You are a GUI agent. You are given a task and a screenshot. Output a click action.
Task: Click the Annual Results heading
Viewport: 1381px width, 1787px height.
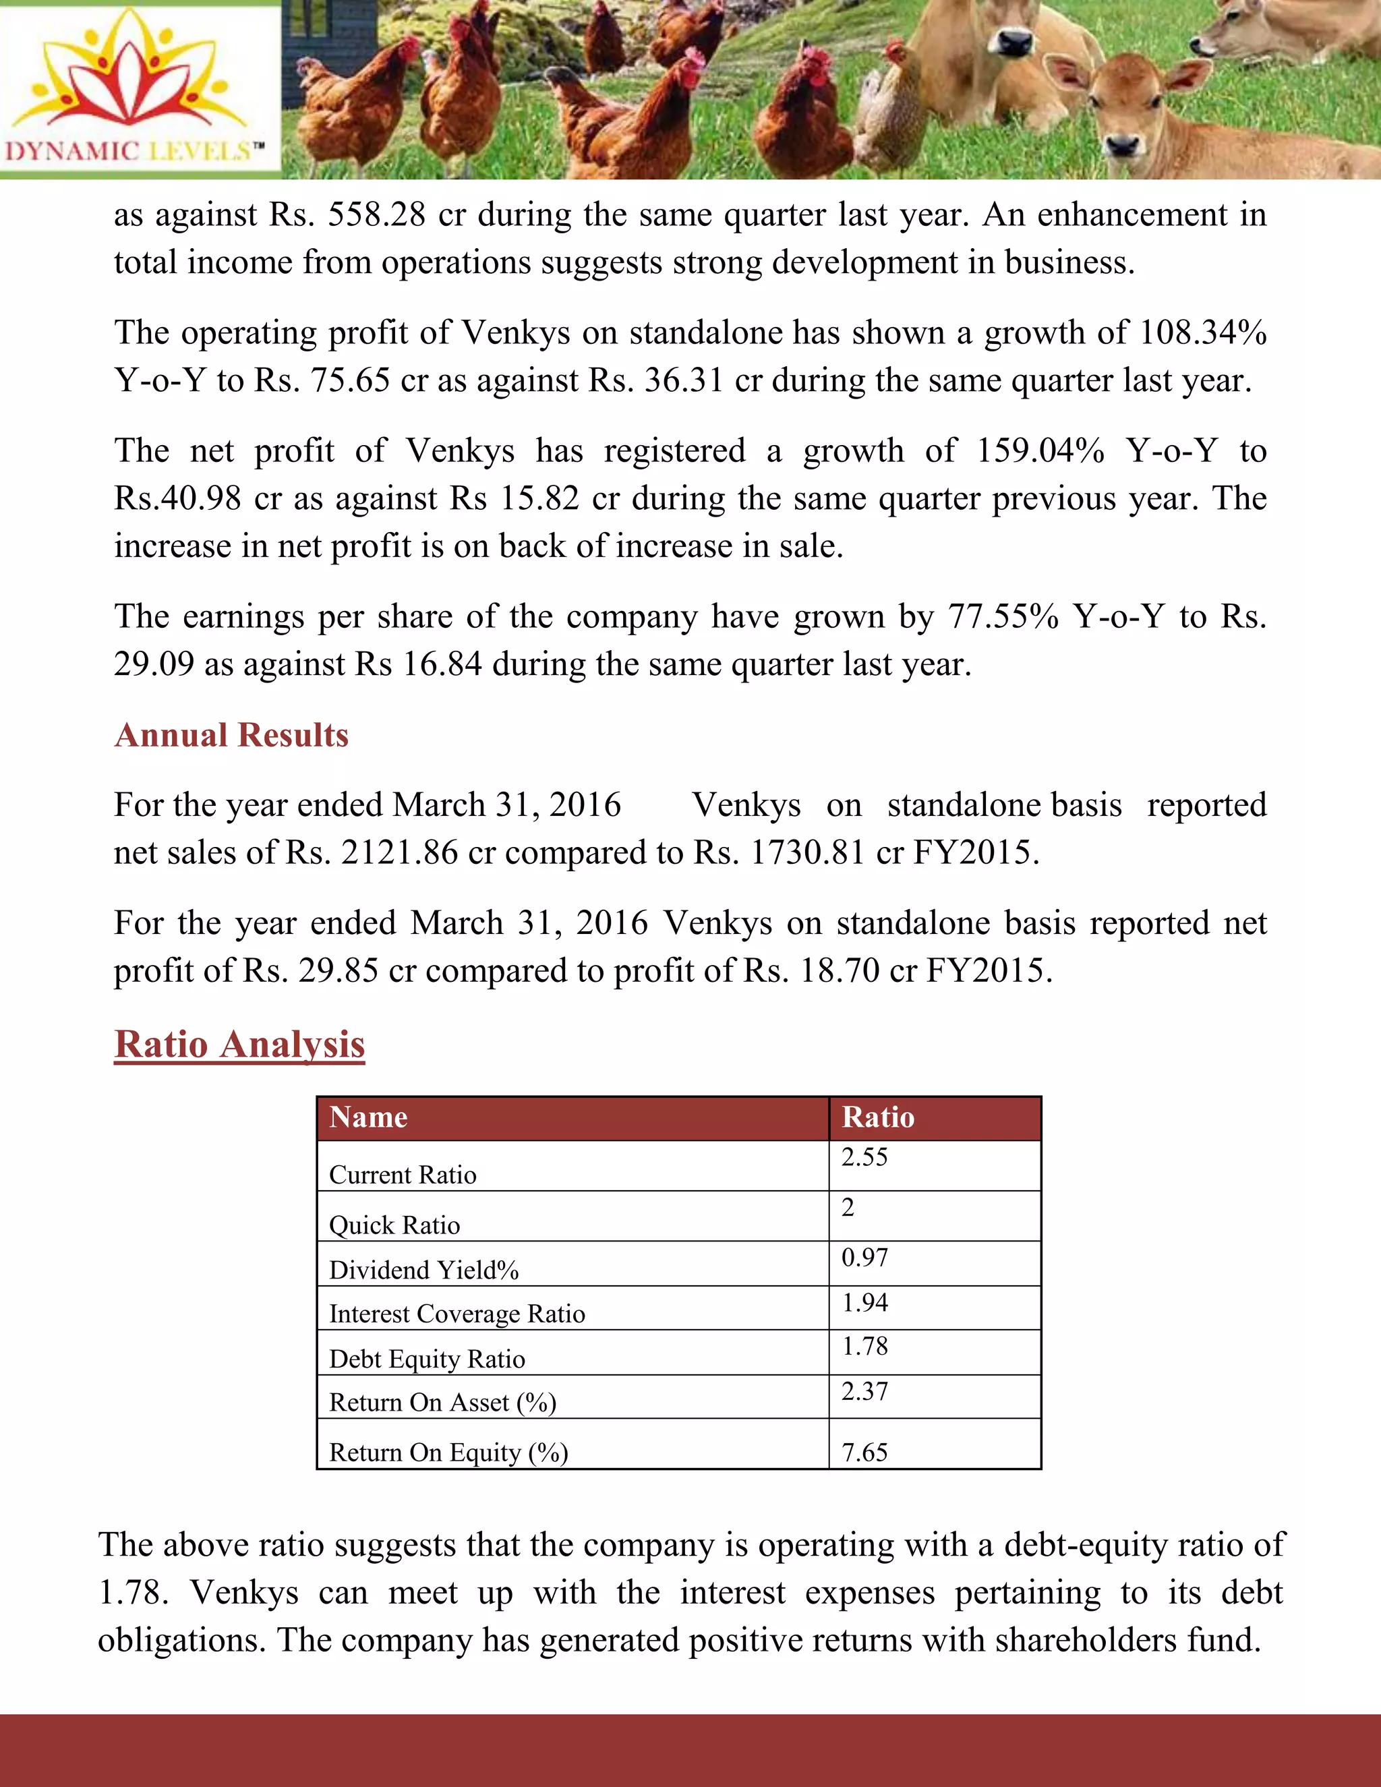[231, 735]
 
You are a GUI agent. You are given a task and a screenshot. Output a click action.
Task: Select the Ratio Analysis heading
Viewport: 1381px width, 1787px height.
[239, 1044]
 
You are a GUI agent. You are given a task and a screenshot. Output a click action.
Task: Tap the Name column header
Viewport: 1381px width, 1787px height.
[368, 1117]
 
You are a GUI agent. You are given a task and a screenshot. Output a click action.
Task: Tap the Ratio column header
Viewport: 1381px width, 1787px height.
[878, 1117]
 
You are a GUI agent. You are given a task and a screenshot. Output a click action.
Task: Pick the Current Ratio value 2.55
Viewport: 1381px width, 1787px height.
[864, 1157]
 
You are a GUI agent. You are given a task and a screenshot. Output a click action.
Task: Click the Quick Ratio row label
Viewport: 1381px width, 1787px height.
[394, 1225]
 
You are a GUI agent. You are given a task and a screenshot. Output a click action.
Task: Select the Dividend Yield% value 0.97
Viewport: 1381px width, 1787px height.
[864, 1258]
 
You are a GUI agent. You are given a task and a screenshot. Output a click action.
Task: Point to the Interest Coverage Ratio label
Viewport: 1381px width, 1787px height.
[457, 1313]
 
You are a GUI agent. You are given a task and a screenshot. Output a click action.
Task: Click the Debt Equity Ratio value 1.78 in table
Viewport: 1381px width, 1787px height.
[864, 1346]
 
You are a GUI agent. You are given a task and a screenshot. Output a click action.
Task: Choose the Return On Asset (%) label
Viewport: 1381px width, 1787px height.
[442, 1403]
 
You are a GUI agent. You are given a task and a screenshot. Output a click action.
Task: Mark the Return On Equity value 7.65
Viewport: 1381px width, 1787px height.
[864, 1453]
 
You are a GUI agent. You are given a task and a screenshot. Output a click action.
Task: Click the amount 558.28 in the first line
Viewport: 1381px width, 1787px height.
[376, 214]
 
